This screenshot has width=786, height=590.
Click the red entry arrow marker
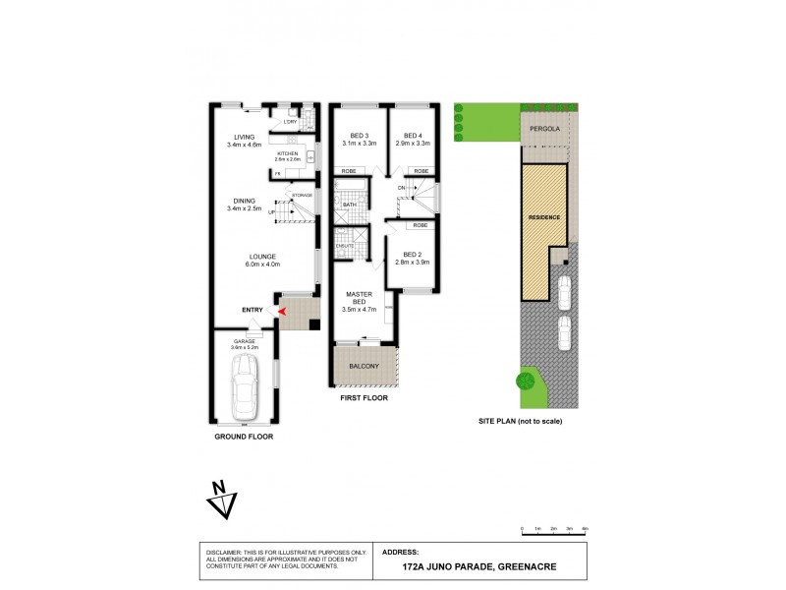[x=282, y=311]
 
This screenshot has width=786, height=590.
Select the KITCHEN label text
[x=288, y=153]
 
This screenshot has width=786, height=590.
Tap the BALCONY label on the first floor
[x=364, y=367]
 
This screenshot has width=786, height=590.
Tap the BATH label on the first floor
[x=349, y=205]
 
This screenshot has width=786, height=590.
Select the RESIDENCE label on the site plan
[x=544, y=215]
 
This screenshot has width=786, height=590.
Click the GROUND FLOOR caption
[x=244, y=436]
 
